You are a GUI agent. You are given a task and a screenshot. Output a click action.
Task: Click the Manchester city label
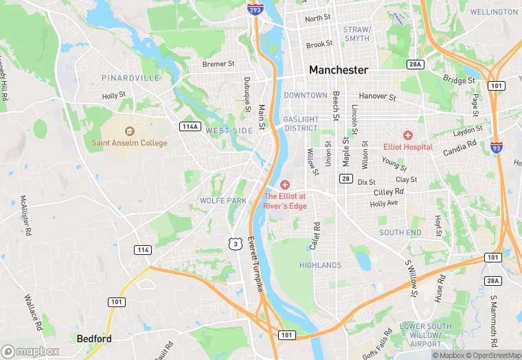click(x=338, y=70)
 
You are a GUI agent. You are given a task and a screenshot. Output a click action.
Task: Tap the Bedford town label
click(x=94, y=339)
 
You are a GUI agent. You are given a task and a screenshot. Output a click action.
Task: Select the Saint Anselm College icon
click(x=130, y=131)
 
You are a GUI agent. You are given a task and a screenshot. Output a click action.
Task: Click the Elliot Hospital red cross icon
click(x=408, y=135)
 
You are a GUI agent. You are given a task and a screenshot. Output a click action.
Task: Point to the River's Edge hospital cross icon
click(x=285, y=185)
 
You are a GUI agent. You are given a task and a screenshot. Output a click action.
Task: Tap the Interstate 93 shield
click(x=496, y=146)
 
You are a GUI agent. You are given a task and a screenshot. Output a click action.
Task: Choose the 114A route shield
click(x=190, y=126)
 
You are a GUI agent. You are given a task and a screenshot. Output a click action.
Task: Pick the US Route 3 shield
click(x=236, y=243)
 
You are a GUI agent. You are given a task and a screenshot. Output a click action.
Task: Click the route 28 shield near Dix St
click(x=345, y=179)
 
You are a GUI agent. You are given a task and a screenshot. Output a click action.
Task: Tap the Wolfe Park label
click(x=223, y=201)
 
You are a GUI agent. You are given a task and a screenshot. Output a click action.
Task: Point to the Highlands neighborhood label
click(x=320, y=265)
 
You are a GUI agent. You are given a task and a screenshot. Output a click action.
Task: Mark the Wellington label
click(x=494, y=12)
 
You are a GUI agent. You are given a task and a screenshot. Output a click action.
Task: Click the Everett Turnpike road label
click(x=255, y=265)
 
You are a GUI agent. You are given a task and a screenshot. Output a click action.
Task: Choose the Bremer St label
click(x=218, y=64)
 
